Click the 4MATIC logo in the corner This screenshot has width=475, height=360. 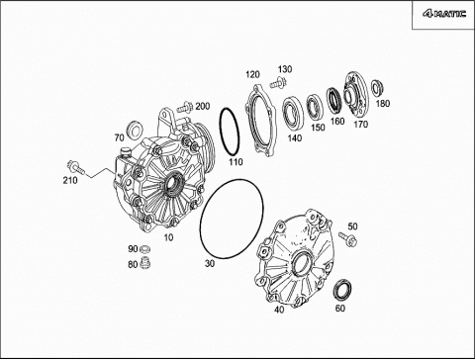pyautogui.click(x=444, y=14)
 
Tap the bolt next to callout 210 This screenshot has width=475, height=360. pyautogui.click(x=76, y=167)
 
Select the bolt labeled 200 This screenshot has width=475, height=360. pyautogui.click(x=185, y=107)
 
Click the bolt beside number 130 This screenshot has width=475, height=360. pyautogui.click(x=278, y=82)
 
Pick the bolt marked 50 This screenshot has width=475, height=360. pyautogui.click(x=348, y=239)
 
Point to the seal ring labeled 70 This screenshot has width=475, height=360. pyautogui.click(x=134, y=130)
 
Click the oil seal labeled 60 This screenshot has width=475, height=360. pyautogui.click(x=342, y=290)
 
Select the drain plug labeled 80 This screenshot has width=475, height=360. pyautogui.click(x=144, y=263)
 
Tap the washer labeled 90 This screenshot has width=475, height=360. pyautogui.click(x=144, y=248)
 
